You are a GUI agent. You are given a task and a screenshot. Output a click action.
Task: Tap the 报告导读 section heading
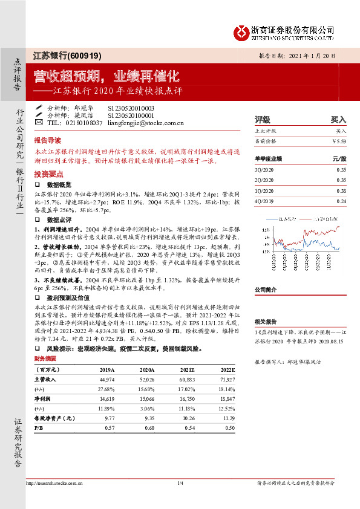tap(48, 138)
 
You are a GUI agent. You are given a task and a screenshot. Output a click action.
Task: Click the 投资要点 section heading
tap(48, 172)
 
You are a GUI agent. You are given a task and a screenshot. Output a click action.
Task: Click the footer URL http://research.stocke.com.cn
tap(54, 482)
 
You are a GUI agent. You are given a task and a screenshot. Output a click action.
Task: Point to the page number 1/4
tap(180, 482)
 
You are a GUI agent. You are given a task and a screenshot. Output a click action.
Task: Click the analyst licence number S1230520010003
tap(131, 108)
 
